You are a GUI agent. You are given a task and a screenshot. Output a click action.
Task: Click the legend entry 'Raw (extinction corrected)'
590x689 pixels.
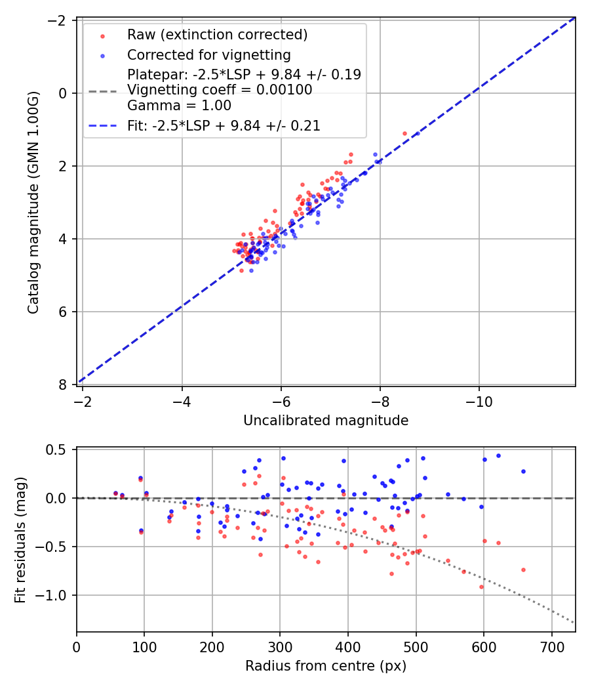[x=217, y=34]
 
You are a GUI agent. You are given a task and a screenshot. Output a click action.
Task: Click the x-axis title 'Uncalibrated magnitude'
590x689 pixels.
[x=326, y=421]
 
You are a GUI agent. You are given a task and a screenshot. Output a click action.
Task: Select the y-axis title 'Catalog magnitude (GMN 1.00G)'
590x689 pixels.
[x=33, y=203]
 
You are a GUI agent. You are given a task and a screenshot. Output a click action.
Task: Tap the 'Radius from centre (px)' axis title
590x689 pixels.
[x=326, y=666]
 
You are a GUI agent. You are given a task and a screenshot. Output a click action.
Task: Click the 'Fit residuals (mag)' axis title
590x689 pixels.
[x=20, y=539]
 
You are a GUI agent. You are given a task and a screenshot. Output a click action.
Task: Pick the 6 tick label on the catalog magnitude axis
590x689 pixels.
[x=64, y=312]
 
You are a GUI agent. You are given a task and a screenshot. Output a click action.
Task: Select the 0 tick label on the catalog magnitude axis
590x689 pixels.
[x=64, y=93]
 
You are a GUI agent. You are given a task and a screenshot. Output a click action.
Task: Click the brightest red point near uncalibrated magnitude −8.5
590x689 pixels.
[x=404, y=133]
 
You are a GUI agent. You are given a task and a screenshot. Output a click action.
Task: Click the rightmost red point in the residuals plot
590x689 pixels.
[x=523, y=570]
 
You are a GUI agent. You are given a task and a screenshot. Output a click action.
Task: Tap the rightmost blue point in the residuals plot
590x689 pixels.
[x=523, y=471]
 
